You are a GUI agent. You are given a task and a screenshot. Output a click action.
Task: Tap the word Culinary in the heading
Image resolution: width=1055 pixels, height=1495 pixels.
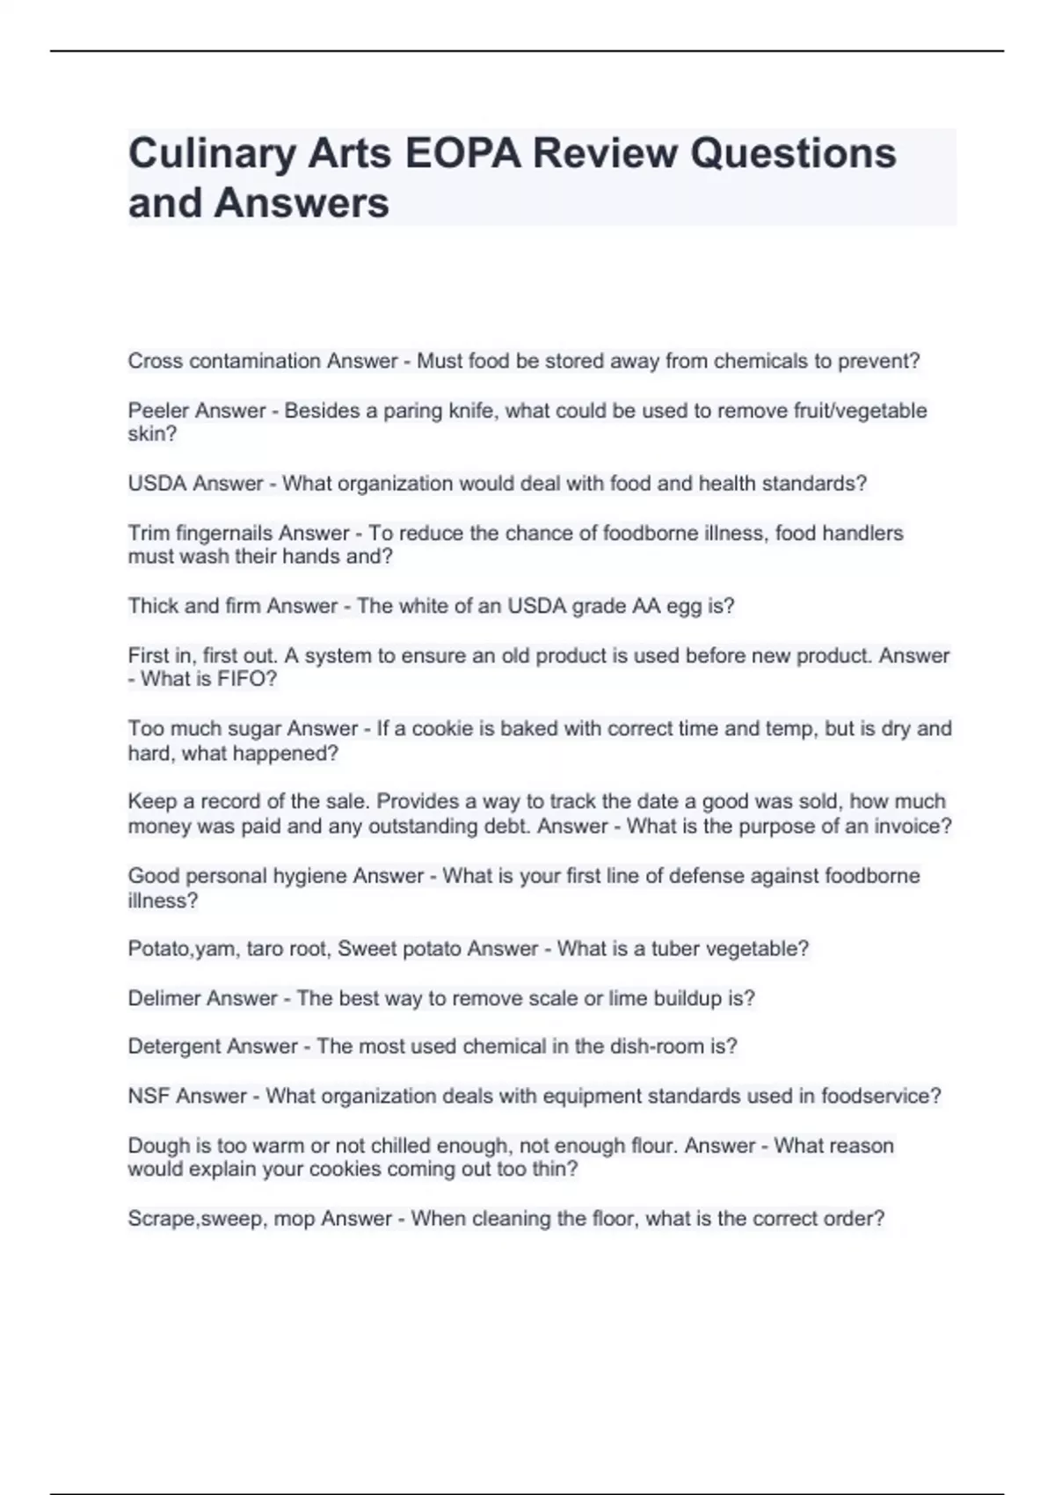[x=212, y=154]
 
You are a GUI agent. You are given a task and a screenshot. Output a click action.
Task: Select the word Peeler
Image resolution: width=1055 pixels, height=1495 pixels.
[x=158, y=411]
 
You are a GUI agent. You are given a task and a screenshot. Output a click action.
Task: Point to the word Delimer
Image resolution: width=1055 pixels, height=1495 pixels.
[x=164, y=998]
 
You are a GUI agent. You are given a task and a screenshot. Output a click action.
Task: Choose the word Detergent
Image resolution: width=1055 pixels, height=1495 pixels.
[x=174, y=1046]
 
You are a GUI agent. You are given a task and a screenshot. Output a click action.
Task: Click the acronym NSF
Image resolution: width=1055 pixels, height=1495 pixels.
[x=149, y=1096]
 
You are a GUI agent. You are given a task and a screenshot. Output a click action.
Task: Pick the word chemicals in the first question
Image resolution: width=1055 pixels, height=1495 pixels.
[x=756, y=361]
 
